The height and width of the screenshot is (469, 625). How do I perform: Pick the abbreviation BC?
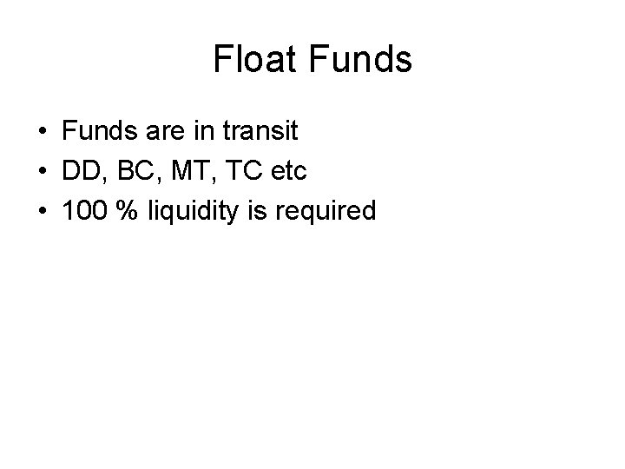point(131,172)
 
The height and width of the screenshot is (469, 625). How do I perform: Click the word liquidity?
point(186,211)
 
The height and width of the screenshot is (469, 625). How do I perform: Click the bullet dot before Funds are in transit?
point(42,134)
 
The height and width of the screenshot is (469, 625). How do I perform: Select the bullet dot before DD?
point(42,173)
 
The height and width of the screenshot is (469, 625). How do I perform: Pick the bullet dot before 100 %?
point(42,212)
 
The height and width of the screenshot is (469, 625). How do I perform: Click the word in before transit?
point(197,133)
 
